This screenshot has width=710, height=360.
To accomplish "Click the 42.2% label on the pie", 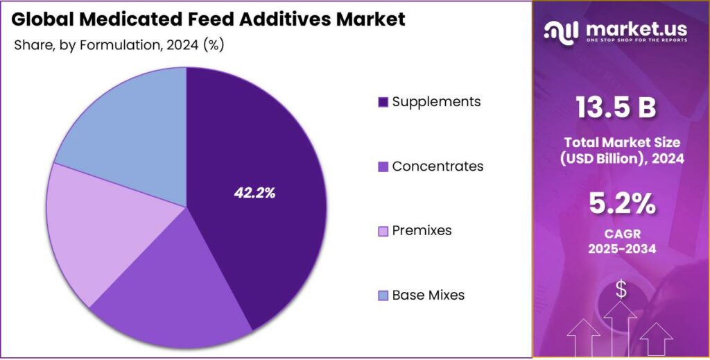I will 254,194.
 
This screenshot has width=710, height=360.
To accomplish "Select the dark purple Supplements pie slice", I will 277,153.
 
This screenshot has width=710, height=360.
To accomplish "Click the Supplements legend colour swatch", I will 383,103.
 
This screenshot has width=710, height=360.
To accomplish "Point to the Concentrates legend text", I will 438,166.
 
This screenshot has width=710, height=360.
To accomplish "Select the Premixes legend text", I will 422,230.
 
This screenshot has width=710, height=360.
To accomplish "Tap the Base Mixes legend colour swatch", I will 383,295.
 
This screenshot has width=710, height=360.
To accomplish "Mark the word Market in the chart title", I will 370,19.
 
